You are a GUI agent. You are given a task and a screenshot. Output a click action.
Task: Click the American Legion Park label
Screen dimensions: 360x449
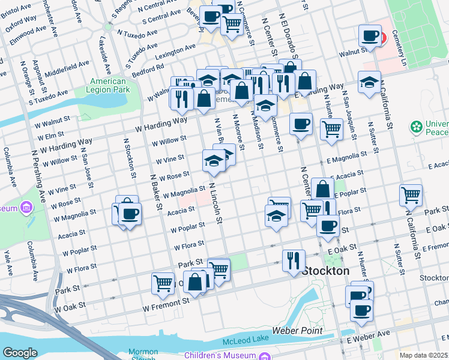click(109, 85)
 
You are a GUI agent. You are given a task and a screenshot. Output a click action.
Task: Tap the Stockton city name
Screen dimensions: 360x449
click(325, 271)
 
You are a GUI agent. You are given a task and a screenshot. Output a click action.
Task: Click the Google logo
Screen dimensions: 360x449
click(20, 353)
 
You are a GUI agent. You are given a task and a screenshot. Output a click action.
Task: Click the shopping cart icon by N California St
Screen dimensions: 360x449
click(411, 194)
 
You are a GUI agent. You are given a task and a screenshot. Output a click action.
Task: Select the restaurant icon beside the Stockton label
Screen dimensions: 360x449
click(293, 260)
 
